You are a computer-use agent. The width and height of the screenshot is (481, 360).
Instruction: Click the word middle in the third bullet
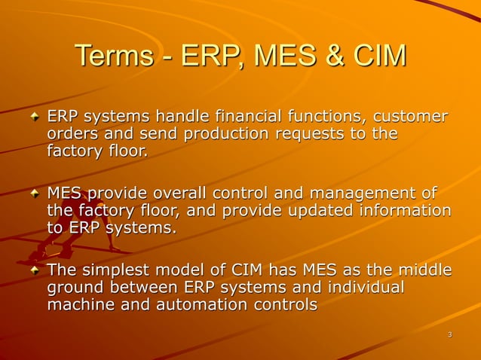427,270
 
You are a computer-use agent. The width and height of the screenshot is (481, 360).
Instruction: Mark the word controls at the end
288,305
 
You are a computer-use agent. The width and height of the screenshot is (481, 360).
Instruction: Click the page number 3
449,334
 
